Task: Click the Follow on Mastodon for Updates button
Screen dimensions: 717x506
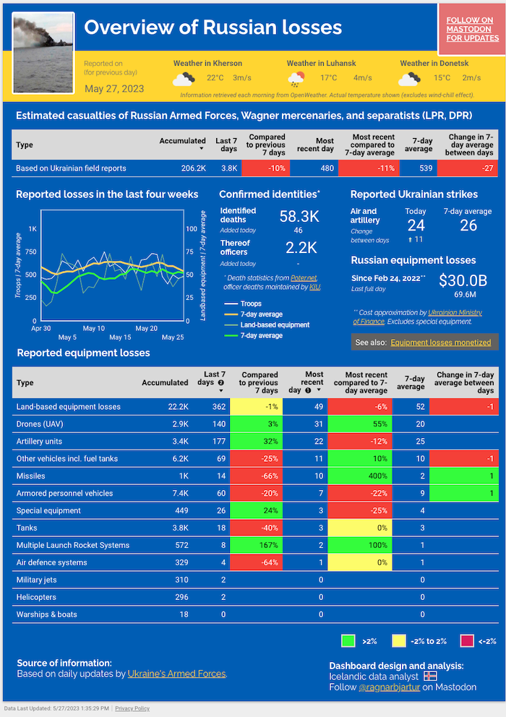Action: click(472, 29)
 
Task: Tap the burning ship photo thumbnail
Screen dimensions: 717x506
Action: click(43, 52)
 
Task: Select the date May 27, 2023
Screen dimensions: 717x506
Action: click(114, 89)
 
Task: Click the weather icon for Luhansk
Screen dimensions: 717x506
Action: click(296, 78)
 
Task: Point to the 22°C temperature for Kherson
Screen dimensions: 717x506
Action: click(215, 78)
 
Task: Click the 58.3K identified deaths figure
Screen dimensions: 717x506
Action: click(299, 216)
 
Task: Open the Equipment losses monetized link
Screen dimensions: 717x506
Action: click(440, 342)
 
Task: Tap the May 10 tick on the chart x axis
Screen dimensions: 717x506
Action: click(94, 328)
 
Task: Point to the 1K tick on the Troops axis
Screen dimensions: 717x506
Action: click(33, 228)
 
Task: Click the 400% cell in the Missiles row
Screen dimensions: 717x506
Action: click(359, 476)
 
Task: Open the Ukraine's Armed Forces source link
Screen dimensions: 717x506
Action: click(176, 674)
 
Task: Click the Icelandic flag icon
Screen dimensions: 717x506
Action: click(430, 677)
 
